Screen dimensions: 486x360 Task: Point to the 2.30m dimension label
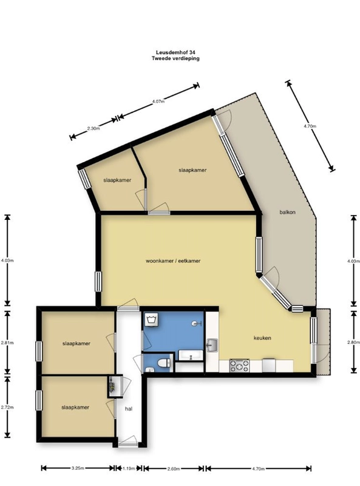click(x=93, y=129)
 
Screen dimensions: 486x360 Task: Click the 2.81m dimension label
click(x=6, y=343)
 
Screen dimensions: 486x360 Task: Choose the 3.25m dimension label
click(x=77, y=469)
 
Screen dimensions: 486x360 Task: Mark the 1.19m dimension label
click(x=128, y=469)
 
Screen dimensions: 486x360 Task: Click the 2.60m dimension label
click(x=173, y=469)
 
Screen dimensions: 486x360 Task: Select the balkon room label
click(x=287, y=213)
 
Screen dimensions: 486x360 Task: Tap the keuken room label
click(x=262, y=338)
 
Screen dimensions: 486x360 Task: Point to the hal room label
click(x=129, y=409)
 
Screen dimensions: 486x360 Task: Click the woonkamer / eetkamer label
click(x=173, y=261)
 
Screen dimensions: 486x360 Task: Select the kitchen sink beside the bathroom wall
click(x=211, y=346)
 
